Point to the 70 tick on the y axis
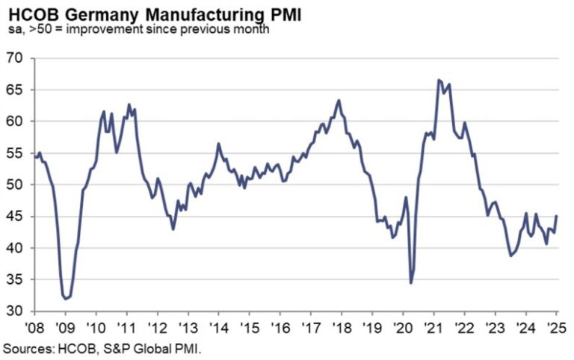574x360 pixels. coord(16,58)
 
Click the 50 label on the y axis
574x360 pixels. coord(16,184)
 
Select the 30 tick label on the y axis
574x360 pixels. coord(16,311)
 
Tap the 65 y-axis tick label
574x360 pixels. coord(16,90)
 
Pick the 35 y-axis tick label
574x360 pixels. coord(16,279)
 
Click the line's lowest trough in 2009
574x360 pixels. coord(66,298)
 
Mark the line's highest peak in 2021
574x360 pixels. coord(439,80)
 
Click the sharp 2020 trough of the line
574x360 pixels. coord(411,282)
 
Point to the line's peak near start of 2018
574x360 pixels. coord(339,100)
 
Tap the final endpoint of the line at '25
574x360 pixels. coord(557,216)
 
